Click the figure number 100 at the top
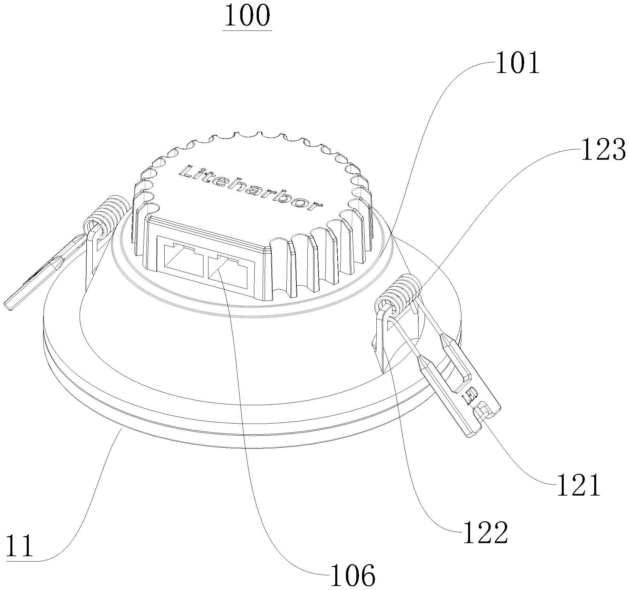(x=247, y=16)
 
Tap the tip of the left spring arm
(x=8, y=306)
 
